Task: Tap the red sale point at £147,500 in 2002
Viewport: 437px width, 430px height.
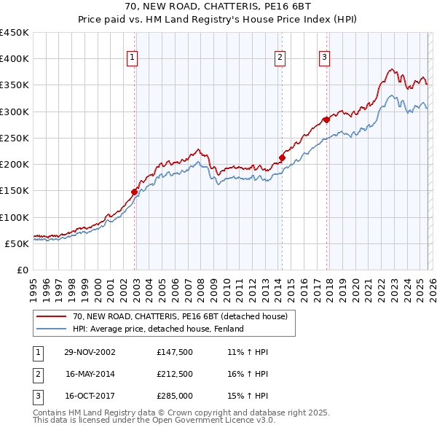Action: pyautogui.click(x=135, y=192)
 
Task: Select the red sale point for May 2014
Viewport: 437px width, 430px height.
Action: pyautogui.click(x=282, y=157)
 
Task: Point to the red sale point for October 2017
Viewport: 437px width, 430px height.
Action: pyautogui.click(x=326, y=120)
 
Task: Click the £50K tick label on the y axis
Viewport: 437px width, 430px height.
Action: pyautogui.click(x=17, y=243)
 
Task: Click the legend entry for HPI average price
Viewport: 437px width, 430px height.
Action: pyautogui.click(x=158, y=329)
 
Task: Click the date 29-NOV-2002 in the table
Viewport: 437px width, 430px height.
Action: pyautogui.click(x=90, y=352)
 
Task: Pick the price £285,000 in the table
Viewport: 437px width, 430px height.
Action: pyautogui.click(x=174, y=396)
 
